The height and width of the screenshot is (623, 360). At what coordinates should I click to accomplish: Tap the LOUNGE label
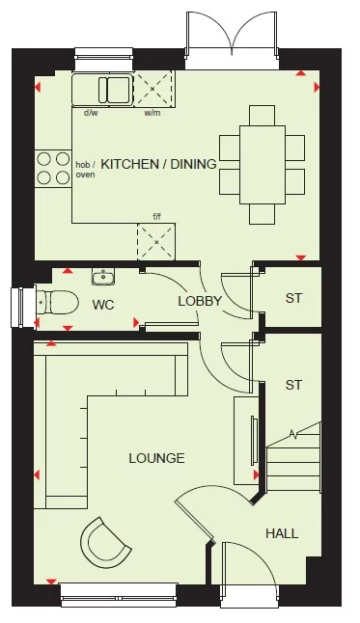156,458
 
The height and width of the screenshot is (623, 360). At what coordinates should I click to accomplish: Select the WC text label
103,305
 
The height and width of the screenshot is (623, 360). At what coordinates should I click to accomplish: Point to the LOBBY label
200,301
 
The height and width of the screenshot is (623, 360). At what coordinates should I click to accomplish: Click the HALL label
281,532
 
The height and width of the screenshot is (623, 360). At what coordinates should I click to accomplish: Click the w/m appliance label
152,113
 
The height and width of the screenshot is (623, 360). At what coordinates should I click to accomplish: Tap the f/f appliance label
156,217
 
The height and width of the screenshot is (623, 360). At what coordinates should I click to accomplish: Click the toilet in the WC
54,302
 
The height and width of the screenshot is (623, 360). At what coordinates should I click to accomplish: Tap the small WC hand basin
103,279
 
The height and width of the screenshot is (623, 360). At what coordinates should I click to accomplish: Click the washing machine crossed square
152,90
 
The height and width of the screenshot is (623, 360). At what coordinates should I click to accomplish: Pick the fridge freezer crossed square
156,241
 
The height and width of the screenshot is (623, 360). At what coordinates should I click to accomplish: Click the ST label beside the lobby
293,298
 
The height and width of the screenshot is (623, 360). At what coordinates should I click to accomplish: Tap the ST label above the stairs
293,385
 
